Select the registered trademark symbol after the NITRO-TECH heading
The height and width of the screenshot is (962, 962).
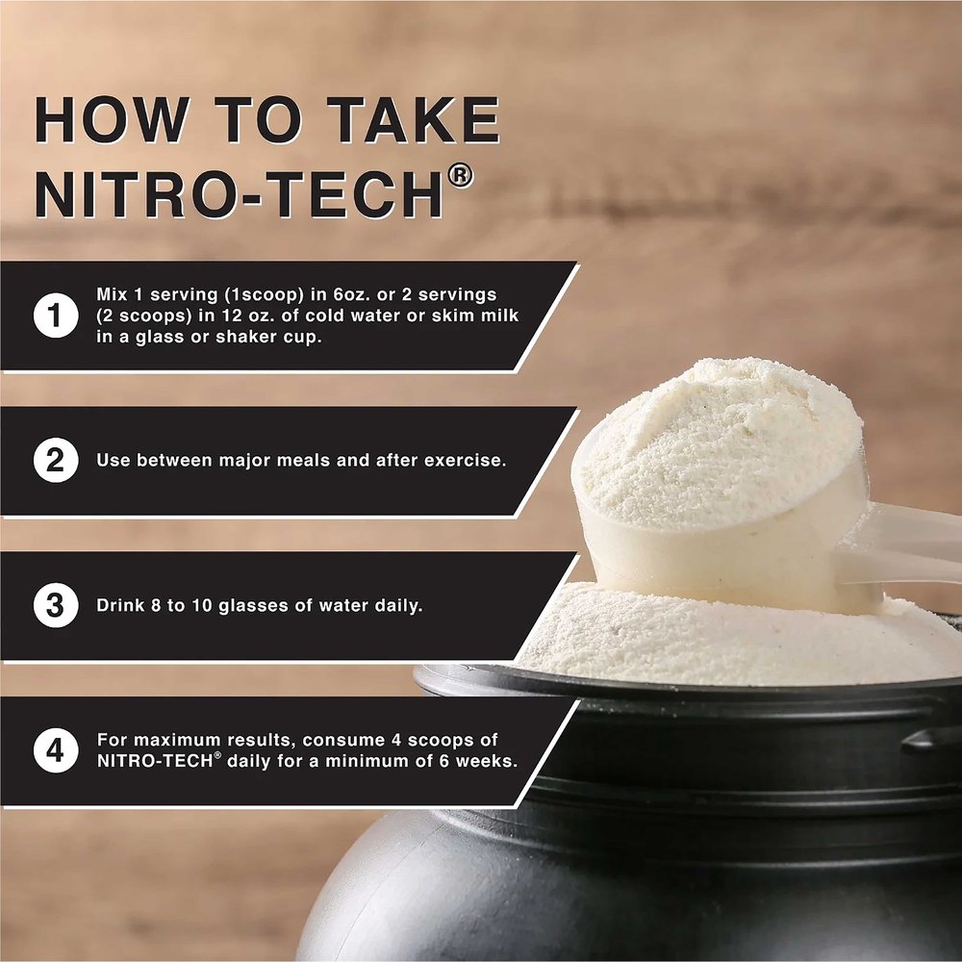tap(461, 177)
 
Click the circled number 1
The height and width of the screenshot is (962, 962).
tap(56, 316)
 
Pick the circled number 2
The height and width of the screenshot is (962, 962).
tap(56, 460)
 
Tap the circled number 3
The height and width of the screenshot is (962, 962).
tap(56, 605)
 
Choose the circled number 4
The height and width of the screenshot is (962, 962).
tap(56, 750)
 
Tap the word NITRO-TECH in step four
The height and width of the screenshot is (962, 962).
tap(155, 761)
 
